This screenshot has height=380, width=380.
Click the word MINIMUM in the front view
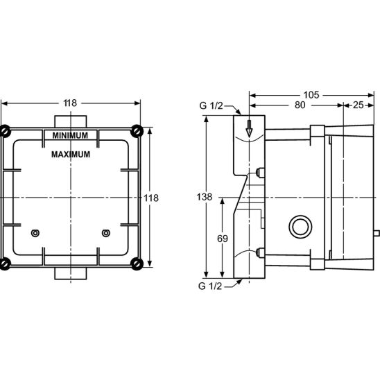(x=70, y=135)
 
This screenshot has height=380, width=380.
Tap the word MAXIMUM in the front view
(x=71, y=155)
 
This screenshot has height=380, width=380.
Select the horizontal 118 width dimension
(x=70, y=103)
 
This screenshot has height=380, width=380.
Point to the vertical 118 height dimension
(x=151, y=198)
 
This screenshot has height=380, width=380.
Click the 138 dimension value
(x=205, y=197)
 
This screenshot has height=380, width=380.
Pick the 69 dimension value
(x=222, y=239)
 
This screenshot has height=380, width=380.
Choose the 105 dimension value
(x=311, y=95)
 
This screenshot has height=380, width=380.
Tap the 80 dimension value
(x=300, y=105)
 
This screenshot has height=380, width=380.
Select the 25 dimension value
(x=359, y=105)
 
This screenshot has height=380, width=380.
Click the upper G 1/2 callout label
(x=211, y=105)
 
